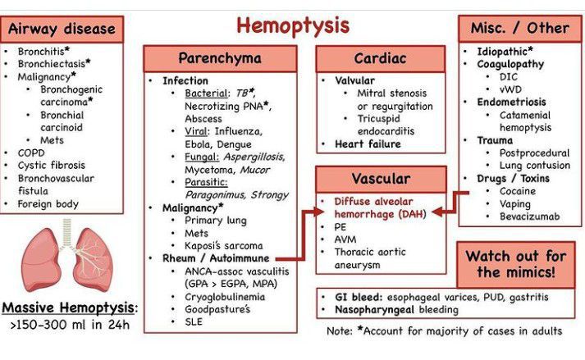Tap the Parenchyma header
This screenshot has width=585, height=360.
pos(220,58)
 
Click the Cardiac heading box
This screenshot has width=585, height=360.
pos(380,58)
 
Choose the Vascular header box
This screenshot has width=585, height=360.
pos(380,178)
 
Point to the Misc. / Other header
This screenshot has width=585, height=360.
pos(519,27)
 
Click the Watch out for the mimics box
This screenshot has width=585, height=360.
pos(518,262)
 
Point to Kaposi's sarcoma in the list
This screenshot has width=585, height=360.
pos(223,245)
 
